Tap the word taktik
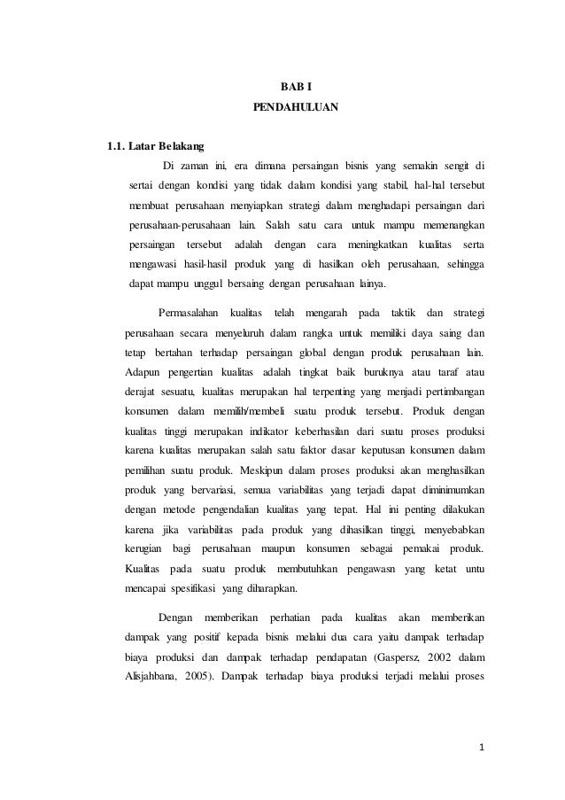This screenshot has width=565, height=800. click(397, 313)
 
